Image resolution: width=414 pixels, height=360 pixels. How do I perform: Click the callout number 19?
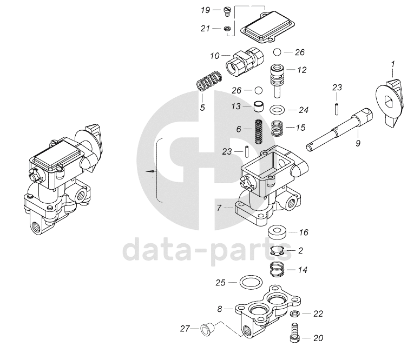coord(205,10)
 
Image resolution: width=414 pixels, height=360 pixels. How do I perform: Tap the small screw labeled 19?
coord(227,11)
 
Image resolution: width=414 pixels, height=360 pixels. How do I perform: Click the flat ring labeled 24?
coord(277,110)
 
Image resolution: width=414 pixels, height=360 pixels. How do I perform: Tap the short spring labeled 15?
coord(277,129)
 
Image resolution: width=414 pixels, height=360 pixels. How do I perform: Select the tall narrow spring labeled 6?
coord(259,132)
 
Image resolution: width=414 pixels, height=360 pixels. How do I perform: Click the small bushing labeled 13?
coord(259,106)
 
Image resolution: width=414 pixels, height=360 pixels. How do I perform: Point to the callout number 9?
coord(357,144)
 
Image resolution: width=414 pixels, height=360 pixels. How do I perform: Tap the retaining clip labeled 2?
coord(277,250)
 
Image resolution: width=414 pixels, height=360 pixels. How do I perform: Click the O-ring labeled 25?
coord(248,282)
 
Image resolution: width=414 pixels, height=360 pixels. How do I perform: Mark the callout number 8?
coord(220,309)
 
